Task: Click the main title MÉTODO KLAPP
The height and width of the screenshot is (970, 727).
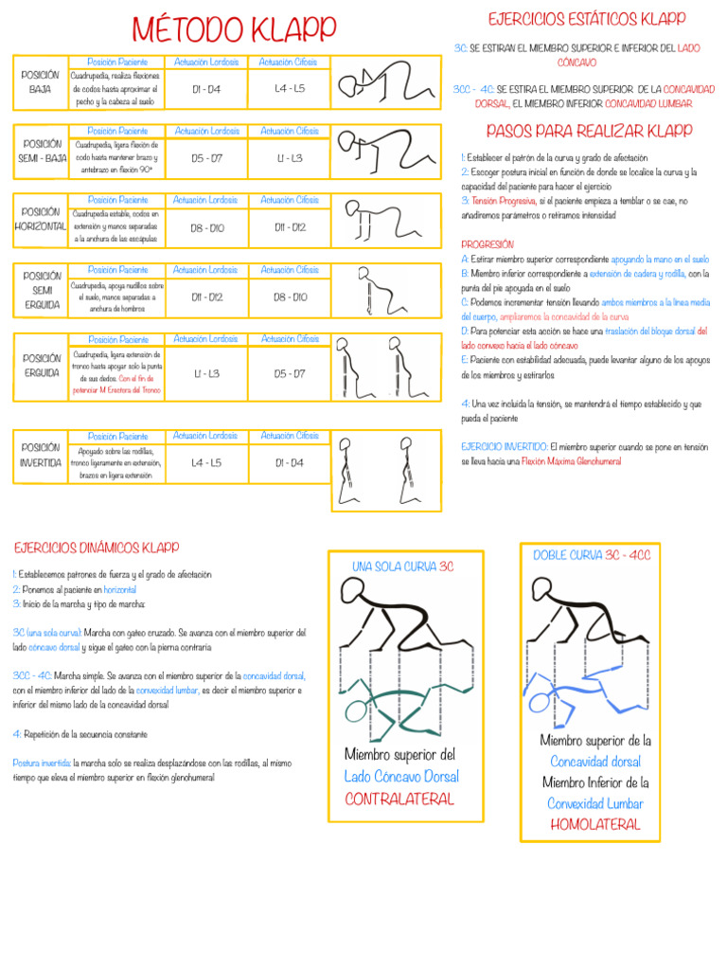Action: click(x=234, y=30)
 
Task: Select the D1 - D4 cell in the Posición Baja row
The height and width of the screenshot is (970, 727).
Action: click(x=205, y=89)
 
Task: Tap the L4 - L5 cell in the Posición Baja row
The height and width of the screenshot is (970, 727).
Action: click(x=290, y=89)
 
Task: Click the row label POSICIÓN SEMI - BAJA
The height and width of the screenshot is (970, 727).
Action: click(x=41, y=151)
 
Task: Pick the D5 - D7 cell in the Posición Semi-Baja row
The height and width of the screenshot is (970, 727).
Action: click(x=205, y=158)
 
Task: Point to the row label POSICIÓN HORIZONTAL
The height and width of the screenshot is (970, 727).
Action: click(x=41, y=220)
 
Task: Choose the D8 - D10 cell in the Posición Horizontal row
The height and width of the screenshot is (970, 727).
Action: click(x=205, y=227)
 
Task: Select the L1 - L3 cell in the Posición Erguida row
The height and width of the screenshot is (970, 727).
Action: click(x=205, y=374)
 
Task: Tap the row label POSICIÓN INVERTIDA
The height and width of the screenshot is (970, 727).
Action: click(x=41, y=456)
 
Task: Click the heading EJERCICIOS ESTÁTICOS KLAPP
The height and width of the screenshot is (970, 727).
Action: click(x=586, y=19)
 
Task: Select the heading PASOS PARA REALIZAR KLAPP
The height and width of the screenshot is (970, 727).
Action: click(x=588, y=131)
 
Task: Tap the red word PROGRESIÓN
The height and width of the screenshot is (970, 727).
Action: click(x=487, y=243)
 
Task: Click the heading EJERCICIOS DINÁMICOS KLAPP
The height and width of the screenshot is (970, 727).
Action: click(x=97, y=548)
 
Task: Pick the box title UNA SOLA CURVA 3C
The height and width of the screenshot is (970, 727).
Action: click(x=403, y=566)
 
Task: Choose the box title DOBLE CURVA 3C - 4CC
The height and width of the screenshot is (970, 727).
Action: click(x=592, y=555)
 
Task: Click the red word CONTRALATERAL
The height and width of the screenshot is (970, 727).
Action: click(x=399, y=799)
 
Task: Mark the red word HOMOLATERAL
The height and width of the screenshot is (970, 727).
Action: click(x=594, y=824)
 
